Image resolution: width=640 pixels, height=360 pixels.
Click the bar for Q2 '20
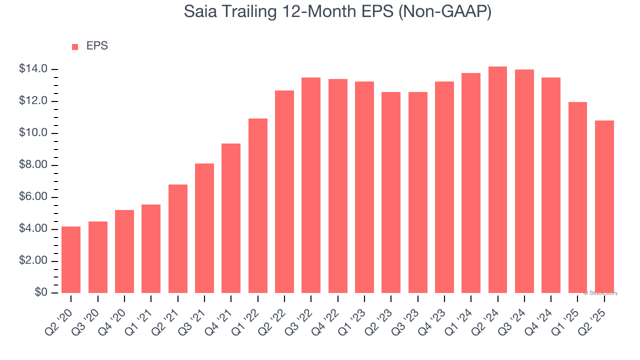point(71,259)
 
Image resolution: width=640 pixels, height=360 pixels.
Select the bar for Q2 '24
point(497,180)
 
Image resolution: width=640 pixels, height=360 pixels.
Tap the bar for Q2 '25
point(604,206)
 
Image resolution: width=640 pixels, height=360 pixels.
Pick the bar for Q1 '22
point(258,205)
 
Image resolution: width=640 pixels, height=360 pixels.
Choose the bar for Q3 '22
point(311,185)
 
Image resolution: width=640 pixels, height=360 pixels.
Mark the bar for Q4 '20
point(124,251)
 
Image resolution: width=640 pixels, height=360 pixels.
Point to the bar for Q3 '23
point(417,192)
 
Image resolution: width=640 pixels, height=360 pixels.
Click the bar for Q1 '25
point(577,197)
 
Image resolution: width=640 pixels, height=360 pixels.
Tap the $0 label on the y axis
point(41,292)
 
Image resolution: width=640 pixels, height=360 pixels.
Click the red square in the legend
point(75,46)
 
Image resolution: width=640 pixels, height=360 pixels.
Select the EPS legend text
point(97,46)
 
